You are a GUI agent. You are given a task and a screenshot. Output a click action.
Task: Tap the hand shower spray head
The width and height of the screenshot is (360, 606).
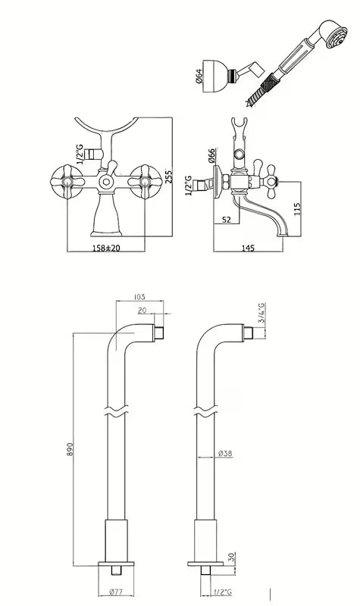336,36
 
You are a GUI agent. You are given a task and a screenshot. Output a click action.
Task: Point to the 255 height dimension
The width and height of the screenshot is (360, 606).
168,176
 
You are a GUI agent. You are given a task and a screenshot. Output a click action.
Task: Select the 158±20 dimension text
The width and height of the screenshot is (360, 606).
105,248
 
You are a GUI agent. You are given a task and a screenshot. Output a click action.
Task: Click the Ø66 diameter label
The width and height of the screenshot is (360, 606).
211,155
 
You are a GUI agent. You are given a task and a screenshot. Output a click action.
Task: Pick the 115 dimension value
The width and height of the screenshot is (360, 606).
297,209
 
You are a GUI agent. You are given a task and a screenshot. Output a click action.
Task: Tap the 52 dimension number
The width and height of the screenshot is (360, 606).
227,220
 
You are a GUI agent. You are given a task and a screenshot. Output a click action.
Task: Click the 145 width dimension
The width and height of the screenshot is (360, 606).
248,248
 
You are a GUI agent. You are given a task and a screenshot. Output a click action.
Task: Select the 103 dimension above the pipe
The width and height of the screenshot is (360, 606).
139,297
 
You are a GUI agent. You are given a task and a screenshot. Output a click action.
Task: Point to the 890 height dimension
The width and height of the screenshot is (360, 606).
70,448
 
